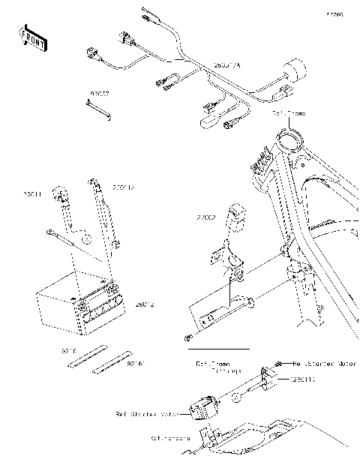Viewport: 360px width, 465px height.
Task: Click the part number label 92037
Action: pyautogui.click(x=100, y=95)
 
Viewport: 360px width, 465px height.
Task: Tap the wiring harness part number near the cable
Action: pyautogui.click(x=228, y=66)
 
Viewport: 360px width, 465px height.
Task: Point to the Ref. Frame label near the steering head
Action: pyautogui.click(x=289, y=113)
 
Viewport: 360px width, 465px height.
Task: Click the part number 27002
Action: pyautogui.click(x=206, y=217)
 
